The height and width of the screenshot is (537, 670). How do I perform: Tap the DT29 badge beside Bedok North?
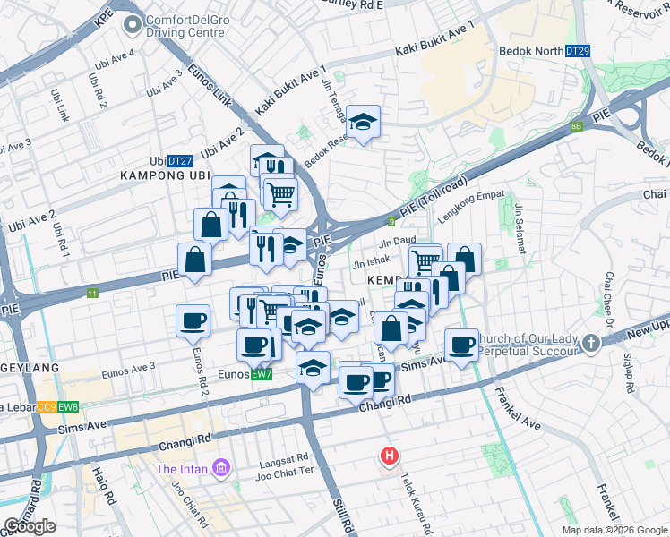coord(578,53)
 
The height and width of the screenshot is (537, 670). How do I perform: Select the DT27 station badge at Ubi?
coord(180,161)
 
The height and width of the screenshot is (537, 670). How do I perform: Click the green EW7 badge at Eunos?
coord(262,373)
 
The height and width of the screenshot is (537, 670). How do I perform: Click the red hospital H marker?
coord(389,456)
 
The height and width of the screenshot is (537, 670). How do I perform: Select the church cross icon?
coord(591,343)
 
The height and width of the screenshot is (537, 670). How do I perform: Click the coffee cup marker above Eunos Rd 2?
coord(193,320)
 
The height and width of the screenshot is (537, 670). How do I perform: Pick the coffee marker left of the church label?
coord(462,345)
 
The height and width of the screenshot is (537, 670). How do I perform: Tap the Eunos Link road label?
coord(210,86)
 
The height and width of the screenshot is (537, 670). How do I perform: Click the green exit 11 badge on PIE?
coord(92,293)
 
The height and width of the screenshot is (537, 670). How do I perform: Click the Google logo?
coord(30,526)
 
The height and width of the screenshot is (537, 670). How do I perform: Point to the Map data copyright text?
coord(614,530)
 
